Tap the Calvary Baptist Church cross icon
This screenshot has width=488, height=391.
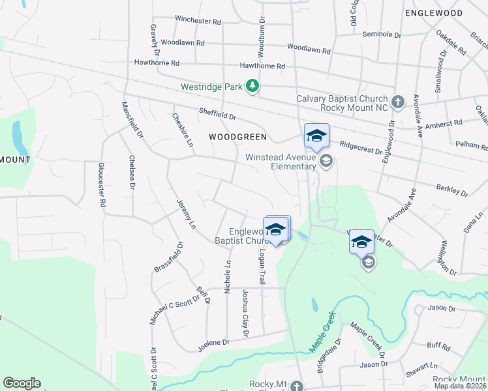click(398, 102)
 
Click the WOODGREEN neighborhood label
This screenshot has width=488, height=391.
click(237, 137)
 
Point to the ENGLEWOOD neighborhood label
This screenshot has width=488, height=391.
click(433, 13)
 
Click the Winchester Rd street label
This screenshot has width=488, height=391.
click(198, 21)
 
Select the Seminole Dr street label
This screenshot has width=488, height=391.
click(381, 34)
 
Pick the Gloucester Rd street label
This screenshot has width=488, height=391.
click(102, 185)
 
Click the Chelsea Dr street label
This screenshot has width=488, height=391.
click(132, 172)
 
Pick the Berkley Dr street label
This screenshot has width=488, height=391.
click(451, 190)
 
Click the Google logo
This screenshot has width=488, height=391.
click(22, 383)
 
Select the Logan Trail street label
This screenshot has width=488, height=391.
click(262, 266)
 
